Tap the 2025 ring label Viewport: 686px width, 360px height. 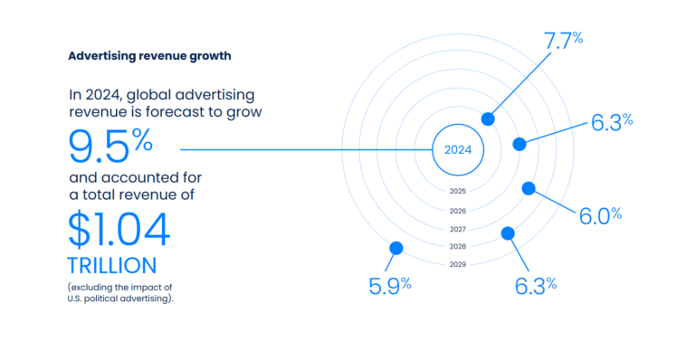(457, 192)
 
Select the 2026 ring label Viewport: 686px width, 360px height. (457, 211)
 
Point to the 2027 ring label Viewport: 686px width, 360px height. (457, 229)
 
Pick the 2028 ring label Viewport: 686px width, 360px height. (457, 246)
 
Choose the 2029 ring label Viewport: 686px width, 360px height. (457, 264)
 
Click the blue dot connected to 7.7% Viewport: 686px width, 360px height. (488, 118)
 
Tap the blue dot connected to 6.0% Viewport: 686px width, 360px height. (529, 188)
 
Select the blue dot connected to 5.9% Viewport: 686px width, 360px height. (395, 248)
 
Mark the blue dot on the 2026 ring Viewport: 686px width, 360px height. (519, 144)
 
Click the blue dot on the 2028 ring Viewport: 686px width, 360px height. (508, 233)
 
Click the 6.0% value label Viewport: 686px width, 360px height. (600, 215)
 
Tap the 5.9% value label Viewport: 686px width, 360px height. (390, 284)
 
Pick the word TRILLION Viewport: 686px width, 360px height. (111, 266)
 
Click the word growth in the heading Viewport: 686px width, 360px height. (206, 56)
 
